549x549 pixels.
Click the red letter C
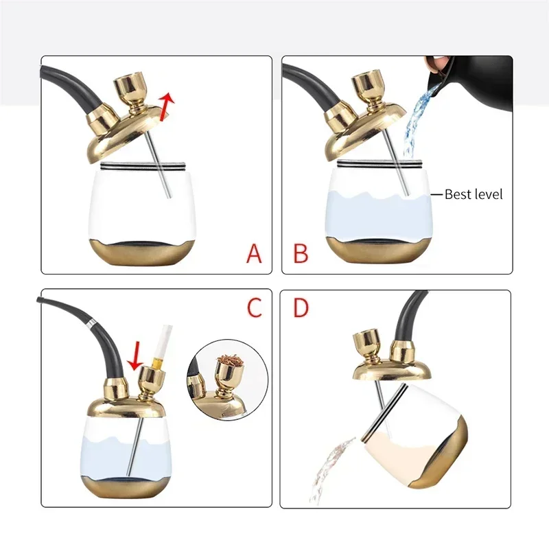(255, 307)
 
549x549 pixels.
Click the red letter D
(301, 307)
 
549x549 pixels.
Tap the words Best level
(474, 194)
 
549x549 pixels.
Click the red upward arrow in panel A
(166, 106)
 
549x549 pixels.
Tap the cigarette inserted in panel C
(161, 346)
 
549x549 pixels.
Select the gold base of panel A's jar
(142, 252)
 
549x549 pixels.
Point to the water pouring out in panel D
(329, 469)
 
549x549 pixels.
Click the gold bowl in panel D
(366, 346)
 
